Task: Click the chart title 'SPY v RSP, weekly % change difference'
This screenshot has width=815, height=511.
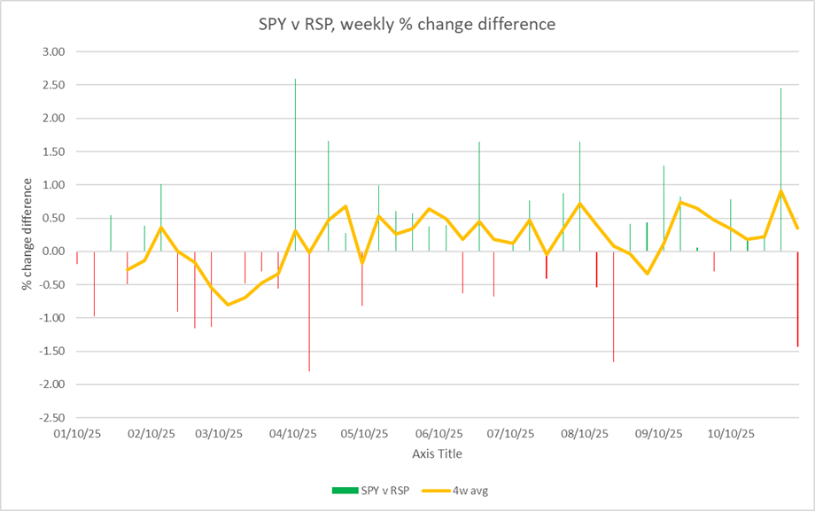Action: (x=400, y=24)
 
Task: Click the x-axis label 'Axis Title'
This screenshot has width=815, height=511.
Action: (x=437, y=453)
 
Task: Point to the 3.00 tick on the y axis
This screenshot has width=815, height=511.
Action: (x=54, y=52)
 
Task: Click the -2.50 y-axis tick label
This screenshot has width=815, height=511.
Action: (x=52, y=417)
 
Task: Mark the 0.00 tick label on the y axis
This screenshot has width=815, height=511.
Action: (x=54, y=252)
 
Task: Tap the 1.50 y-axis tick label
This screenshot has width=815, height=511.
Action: (x=54, y=151)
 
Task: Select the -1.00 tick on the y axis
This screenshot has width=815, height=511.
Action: (x=52, y=318)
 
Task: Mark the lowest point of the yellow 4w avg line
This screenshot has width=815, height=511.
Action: (x=228, y=305)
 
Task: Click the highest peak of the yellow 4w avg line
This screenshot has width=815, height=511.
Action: (x=780, y=190)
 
